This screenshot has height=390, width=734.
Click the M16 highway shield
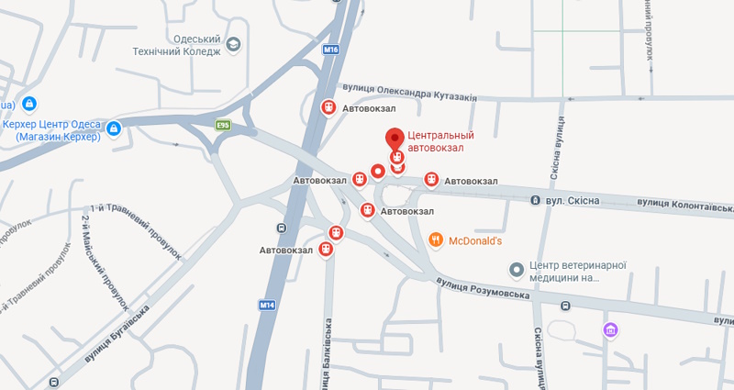(x=331, y=50)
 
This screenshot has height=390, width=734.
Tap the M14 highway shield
(x=267, y=305)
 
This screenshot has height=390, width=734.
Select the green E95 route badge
(x=222, y=125)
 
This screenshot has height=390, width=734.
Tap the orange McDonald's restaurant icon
(x=436, y=241)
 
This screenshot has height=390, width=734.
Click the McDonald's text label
(x=476, y=241)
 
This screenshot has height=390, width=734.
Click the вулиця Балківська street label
(x=327, y=353)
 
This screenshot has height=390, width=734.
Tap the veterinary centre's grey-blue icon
(x=517, y=269)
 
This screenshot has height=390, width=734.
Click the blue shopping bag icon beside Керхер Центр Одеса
(x=114, y=128)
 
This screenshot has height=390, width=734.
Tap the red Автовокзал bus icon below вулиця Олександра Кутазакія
(x=328, y=108)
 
